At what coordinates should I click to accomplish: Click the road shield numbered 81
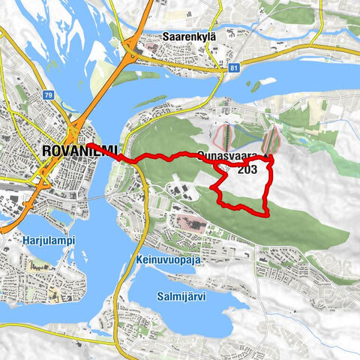[x=235, y=67]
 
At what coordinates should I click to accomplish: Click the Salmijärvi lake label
[x=183, y=296]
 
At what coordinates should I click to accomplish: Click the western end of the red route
[x=88, y=145]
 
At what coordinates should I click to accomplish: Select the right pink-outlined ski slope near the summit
[x=270, y=139]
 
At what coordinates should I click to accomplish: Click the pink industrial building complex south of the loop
[x=191, y=221]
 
